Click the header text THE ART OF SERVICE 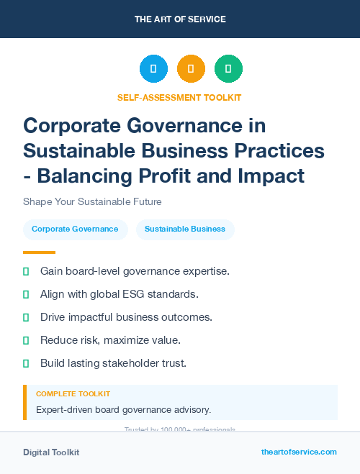click(180, 19)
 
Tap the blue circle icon click(153, 69)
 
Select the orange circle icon click(191, 69)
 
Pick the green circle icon click(228, 69)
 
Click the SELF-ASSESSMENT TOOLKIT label click(179, 97)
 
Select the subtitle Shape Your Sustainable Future click(92, 201)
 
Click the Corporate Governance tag click(75, 229)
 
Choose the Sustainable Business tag click(185, 229)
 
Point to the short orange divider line click(39, 252)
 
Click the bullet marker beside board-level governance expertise click(26, 271)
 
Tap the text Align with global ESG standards click(119, 294)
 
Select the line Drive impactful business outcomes click(126, 317)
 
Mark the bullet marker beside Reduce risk click(26, 340)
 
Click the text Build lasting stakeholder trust click(113, 363)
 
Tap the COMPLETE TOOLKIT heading click(73, 394)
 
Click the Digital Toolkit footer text click(51, 452)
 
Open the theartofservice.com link click(299, 452)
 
